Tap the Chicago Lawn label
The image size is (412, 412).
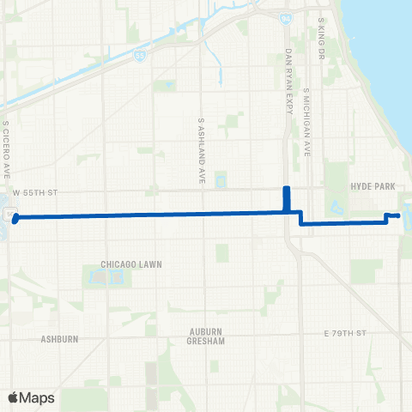tap(131, 264)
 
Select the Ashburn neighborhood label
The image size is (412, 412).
tap(59, 339)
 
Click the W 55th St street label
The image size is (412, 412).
tap(33, 194)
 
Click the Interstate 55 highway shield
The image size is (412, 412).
tap(139, 53)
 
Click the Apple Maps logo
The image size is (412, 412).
tap(31, 397)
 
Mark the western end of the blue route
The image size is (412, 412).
tap(15, 218)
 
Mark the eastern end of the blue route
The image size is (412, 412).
tap(399, 215)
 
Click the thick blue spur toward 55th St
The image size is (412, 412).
tap(287, 197)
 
